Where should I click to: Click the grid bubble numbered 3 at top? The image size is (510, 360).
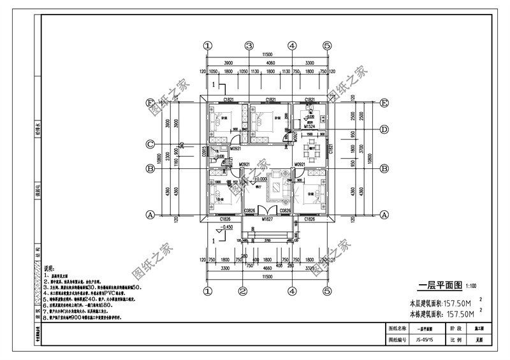tap(249, 45)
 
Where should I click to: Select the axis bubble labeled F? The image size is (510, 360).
tap(150, 103)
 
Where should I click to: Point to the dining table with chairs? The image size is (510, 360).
tap(312, 151)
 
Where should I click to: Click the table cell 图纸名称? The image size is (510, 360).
tap(397, 329)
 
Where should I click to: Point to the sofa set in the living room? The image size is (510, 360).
tap(278, 186)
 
